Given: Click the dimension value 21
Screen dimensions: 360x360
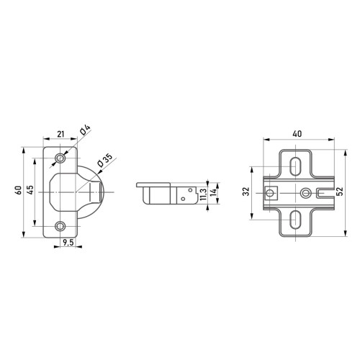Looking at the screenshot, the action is point(60,134).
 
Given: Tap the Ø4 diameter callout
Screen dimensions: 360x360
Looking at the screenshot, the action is point(85,130).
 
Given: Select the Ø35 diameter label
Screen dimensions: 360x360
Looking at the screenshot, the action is point(105,160).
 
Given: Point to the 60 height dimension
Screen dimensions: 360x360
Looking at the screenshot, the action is point(19,190).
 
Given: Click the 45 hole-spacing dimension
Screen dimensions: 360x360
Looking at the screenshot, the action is point(30,189).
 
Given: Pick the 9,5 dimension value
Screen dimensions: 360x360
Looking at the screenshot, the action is point(68,243).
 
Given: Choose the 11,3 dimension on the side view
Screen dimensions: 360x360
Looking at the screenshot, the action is point(203,194).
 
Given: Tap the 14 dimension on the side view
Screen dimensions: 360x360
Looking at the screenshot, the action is point(213,192).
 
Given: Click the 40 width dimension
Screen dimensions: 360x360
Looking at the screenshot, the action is point(297,134).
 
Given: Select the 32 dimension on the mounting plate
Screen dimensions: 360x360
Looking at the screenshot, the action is point(246,192).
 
